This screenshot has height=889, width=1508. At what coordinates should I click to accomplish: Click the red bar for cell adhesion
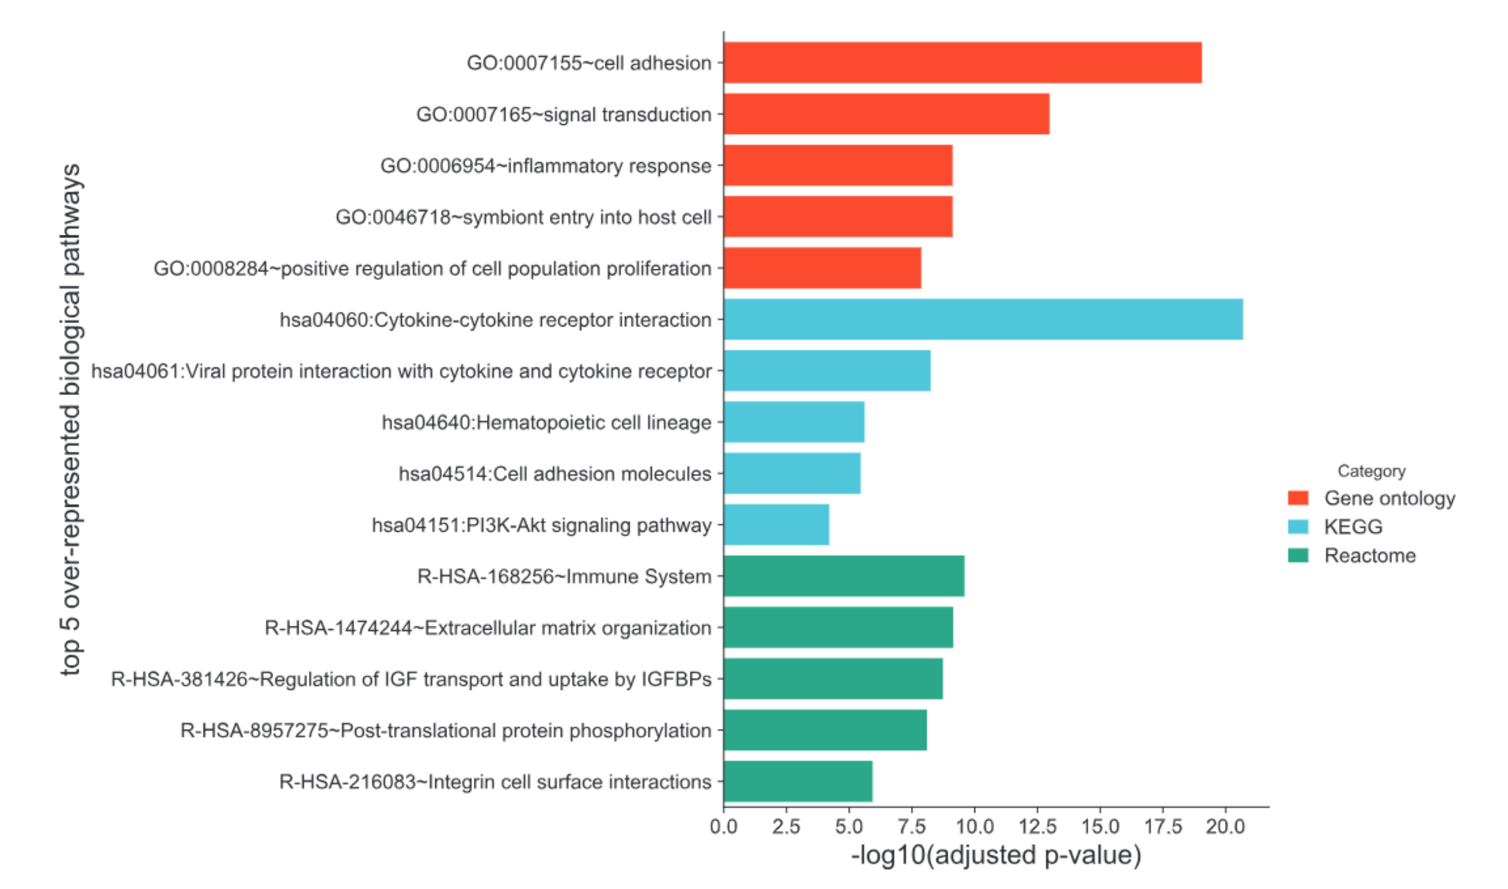(962, 62)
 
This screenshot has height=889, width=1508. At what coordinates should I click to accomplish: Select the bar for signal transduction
(886, 114)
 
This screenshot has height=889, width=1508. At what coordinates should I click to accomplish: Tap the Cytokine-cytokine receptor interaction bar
(983, 320)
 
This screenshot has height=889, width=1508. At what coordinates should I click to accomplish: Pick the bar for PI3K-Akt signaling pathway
(776, 525)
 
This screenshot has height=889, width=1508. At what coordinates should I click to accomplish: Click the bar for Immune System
(843, 576)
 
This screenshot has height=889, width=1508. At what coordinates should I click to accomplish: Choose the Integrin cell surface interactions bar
(798, 782)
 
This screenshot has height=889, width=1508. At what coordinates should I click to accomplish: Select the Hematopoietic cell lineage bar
(794, 422)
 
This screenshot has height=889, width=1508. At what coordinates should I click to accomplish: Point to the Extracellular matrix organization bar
(838, 628)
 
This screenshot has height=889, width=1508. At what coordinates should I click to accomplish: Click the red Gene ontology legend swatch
(1298, 498)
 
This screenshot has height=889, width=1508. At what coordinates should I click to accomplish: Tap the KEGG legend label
(1353, 526)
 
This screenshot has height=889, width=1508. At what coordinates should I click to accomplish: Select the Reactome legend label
(1370, 555)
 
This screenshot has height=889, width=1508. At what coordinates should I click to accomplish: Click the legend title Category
(1371, 471)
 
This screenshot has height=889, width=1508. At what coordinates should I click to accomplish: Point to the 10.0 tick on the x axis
(974, 827)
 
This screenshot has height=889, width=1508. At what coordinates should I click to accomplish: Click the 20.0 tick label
(1225, 827)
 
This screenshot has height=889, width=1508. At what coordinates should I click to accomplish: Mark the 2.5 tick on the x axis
(786, 827)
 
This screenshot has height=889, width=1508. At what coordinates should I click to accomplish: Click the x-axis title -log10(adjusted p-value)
(996, 856)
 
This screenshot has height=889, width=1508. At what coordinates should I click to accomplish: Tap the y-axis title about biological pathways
(71, 419)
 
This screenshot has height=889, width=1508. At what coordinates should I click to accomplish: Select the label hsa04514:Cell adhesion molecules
(554, 474)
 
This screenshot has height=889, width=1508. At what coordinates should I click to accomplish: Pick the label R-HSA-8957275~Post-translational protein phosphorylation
(445, 730)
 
